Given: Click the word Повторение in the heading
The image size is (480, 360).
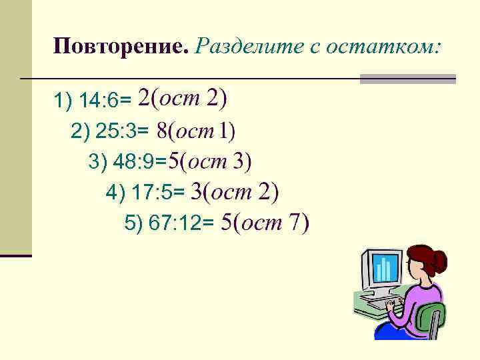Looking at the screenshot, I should tap(121, 47).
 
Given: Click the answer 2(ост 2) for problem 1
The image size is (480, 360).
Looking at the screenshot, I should tap(182, 99).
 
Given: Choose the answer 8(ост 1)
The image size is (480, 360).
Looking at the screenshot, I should tap(196, 131).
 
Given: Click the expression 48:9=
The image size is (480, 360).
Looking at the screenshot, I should tap(140, 162).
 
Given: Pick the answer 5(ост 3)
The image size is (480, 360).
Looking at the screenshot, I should tap(209, 161).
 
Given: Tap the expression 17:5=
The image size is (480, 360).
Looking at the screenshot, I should tap(158, 193).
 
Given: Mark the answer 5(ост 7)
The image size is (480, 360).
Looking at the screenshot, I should tap(265, 223).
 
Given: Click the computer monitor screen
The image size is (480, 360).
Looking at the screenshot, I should tap(383, 269).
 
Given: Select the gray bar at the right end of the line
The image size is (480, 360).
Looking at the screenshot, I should tap(407, 79).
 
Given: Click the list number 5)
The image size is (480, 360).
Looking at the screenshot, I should tap(133, 225).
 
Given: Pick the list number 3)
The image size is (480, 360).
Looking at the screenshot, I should tap(97, 162).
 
